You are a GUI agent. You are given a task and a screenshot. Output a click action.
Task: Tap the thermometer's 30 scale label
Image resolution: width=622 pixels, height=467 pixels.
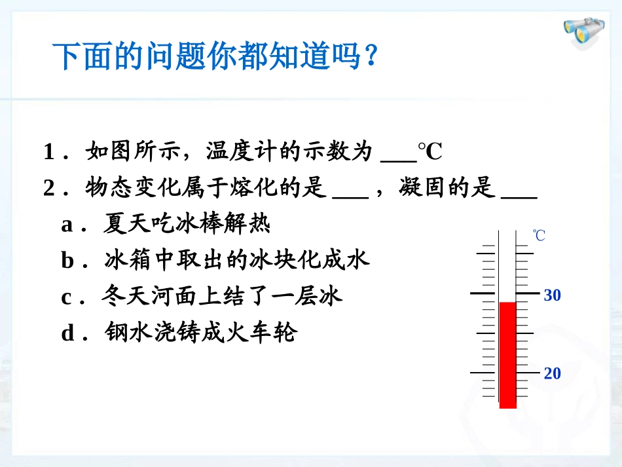pyautogui.click(x=553, y=295)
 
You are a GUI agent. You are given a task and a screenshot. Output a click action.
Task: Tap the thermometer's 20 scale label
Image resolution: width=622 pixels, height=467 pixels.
pyautogui.click(x=553, y=373)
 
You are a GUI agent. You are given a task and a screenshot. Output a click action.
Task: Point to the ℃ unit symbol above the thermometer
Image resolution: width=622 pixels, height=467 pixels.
pyautogui.click(x=539, y=235)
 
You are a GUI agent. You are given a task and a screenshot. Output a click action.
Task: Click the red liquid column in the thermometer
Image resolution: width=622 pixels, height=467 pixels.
pyautogui.click(x=508, y=354)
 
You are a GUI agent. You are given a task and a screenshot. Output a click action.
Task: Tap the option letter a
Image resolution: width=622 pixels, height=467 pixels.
pyautogui.click(x=67, y=225)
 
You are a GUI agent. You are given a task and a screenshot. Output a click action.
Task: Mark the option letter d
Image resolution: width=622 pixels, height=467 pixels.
pyautogui.click(x=68, y=333)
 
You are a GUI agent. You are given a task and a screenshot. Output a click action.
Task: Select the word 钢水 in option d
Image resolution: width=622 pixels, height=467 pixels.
pyautogui.click(x=124, y=333)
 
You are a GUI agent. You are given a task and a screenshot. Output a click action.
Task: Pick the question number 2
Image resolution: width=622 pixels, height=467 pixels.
pyautogui.click(x=49, y=189)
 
